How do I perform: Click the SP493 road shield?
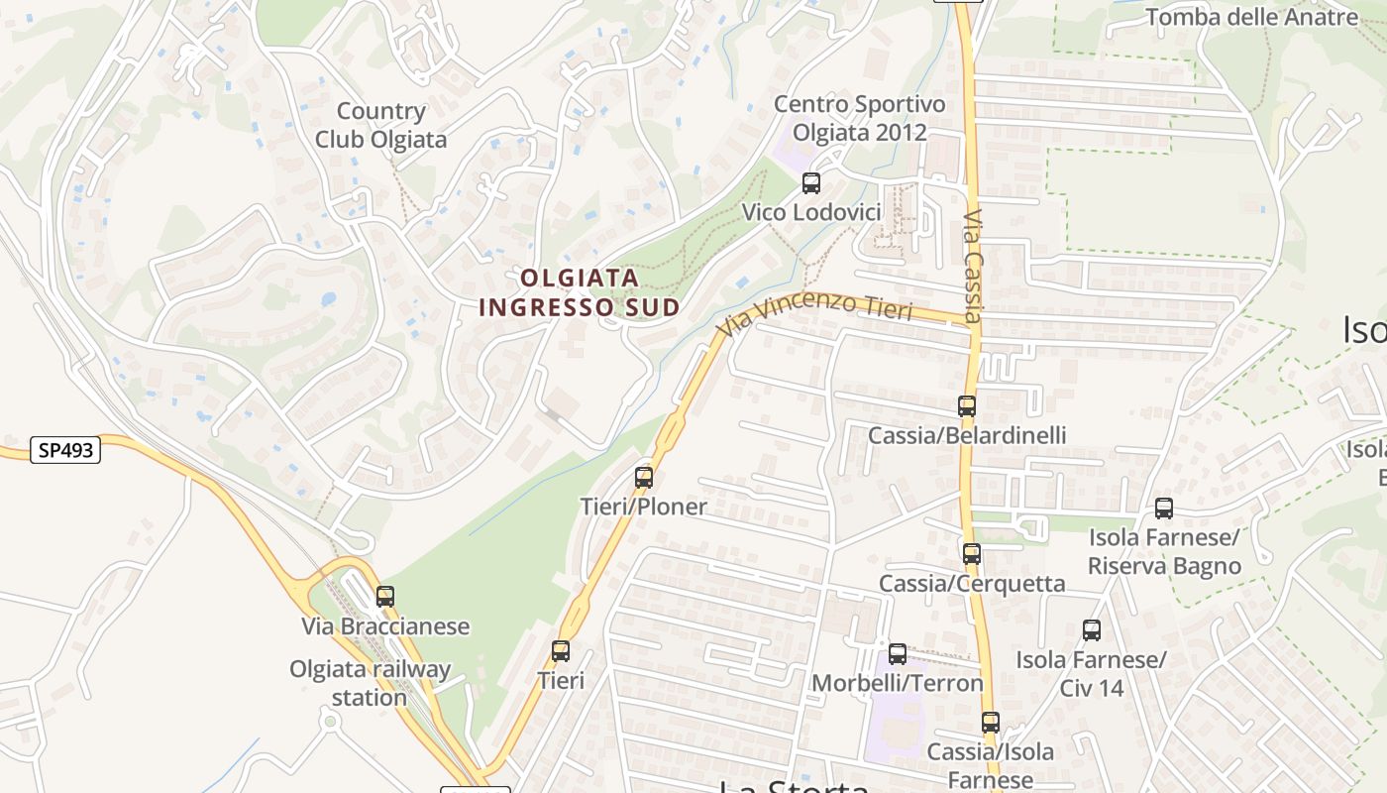(x=66, y=450)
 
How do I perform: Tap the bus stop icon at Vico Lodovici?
(x=810, y=182)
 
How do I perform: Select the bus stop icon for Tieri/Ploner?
(x=644, y=478)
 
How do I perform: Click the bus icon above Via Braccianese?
(x=385, y=597)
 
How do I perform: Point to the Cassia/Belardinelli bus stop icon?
(x=966, y=405)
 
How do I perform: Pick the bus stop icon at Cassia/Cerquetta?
(x=971, y=553)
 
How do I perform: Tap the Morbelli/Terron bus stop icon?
(x=897, y=653)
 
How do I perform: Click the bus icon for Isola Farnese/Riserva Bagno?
(x=1164, y=509)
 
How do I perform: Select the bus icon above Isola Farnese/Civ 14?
(x=1091, y=629)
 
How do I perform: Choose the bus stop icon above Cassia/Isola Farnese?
(x=990, y=723)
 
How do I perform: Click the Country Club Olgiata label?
(x=381, y=126)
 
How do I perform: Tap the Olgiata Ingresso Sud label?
(x=580, y=292)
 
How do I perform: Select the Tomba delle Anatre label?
(x=1251, y=17)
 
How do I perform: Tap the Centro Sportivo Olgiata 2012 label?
(x=859, y=118)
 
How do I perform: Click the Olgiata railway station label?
(x=370, y=683)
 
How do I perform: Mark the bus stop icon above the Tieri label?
(x=561, y=651)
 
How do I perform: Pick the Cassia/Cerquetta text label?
(x=972, y=583)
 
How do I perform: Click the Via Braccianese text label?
(x=385, y=626)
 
